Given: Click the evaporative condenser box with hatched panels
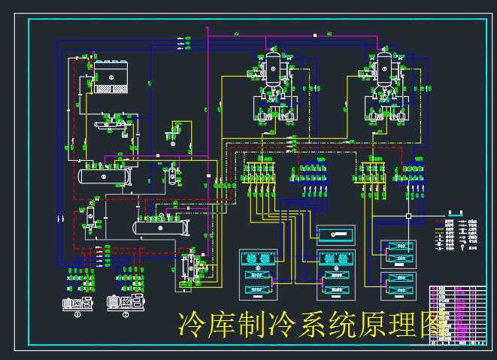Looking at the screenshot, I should [111, 78].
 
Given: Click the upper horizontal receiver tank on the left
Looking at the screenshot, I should [104, 175].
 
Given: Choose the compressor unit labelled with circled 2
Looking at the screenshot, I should [124, 302].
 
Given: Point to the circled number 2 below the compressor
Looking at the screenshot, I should [126, 315].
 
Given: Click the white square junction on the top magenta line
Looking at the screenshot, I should [317, 34].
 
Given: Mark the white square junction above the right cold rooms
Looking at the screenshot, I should [408, 216].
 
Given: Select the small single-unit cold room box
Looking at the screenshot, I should [333, 234].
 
